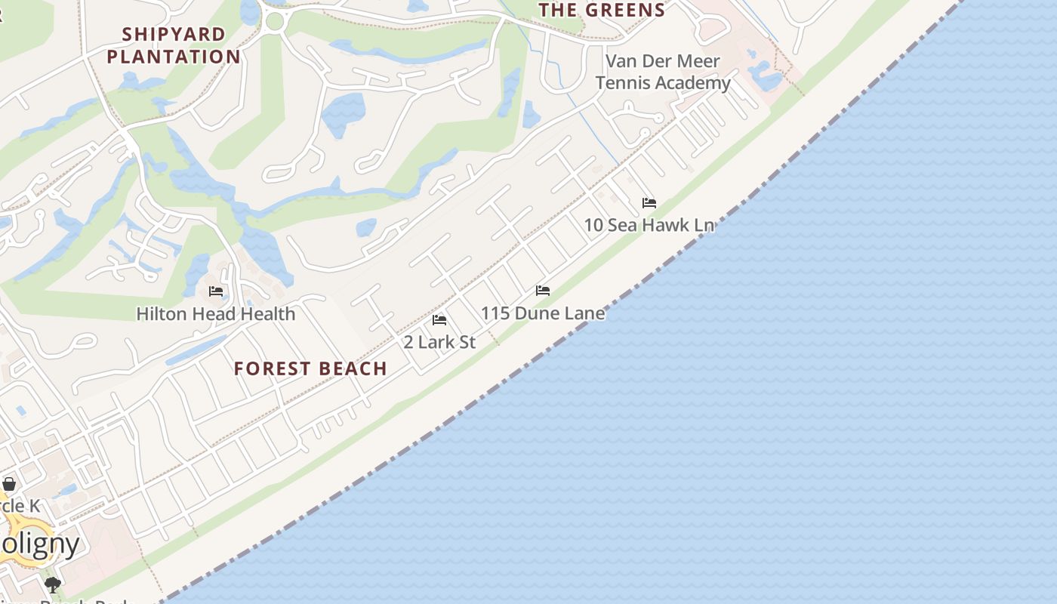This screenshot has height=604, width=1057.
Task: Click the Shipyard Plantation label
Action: pos(174,45)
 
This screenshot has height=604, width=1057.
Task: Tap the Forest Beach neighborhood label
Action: pos(310,368)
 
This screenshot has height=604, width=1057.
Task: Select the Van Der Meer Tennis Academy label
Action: pos(663,72)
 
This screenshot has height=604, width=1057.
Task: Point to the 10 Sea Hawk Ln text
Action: pos(649,225)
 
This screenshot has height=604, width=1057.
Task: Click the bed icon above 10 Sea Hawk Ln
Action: pos(649,203)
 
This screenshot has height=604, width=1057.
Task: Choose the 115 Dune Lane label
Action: pos(543,313)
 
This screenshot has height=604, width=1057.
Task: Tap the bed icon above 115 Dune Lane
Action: pos(543,291)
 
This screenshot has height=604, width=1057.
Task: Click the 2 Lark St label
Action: pos(439,342)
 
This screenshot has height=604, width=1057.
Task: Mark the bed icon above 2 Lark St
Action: pos(439,320)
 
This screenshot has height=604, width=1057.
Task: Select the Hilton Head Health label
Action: pos(216,313)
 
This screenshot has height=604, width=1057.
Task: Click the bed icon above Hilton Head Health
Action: pos(216,291)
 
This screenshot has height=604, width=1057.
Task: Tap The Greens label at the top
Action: pos(602,10)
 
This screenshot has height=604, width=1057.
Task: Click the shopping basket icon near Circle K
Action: pos(9,484)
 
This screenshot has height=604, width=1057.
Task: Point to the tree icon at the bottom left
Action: pos(52,584)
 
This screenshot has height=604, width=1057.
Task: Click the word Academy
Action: pos(692,83)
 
